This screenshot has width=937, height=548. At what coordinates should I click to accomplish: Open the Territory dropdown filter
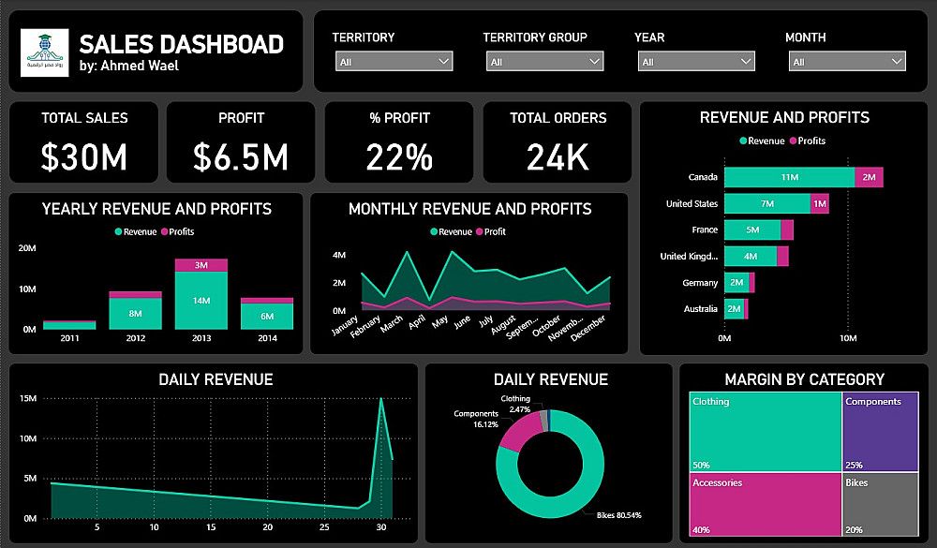pos(394,62)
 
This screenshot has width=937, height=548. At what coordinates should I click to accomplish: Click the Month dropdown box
pos(847,62)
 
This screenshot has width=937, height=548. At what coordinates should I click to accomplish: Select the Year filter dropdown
pos(695,62)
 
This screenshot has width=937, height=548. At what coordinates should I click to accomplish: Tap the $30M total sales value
pos(84,156)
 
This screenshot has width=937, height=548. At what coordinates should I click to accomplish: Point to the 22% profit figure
pos(400,156)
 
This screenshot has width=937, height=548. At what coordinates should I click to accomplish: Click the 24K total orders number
pos(558,156)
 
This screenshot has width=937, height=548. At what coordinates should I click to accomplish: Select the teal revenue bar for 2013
pos(201,301)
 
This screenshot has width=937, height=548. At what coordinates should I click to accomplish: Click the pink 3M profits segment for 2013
pos(201,265)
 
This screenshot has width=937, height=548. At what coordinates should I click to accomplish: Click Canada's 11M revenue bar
pos(789,177)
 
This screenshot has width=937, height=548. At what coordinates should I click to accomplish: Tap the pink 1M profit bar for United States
pos(820,203)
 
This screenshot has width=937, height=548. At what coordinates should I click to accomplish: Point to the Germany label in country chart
pos(700,282)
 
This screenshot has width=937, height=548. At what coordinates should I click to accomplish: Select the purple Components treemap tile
pos(880,431)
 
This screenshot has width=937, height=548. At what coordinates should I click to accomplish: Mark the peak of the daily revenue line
pos(380,399)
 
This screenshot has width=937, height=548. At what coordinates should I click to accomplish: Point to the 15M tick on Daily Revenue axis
pos(27,399)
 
